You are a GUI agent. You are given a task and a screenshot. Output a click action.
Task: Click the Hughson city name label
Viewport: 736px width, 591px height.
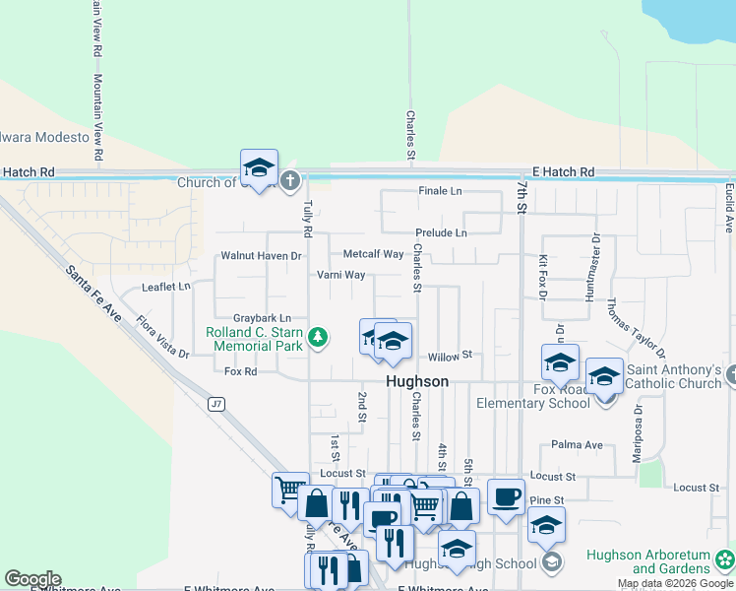[417, 381]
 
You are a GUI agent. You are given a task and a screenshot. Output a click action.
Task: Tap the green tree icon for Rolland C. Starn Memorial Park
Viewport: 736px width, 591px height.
[318, 338]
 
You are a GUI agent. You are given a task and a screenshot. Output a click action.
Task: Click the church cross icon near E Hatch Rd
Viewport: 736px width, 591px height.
[289, 180]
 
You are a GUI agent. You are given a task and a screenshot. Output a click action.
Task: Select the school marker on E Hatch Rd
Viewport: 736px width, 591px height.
[260, 167]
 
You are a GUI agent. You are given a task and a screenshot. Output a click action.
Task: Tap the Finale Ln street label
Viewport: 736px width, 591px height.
[440, 190]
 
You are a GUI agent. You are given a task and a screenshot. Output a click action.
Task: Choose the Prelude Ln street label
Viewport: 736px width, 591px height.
[441, 232]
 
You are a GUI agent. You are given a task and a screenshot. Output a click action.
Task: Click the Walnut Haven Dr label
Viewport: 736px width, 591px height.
[260, 255]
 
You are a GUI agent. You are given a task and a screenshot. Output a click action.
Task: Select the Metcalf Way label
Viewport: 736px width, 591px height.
[373, 254]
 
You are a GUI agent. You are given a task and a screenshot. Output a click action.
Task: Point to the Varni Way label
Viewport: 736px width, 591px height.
[340, 275]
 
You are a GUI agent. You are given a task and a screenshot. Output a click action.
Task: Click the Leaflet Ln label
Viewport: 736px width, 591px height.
[165, 287]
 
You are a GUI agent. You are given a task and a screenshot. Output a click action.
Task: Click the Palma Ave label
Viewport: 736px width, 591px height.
[577, 445]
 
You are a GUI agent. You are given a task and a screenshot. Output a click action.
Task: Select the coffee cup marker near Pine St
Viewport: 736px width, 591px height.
[506, 496]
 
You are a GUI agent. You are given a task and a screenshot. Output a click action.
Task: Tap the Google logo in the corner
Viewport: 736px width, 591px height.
[32, 579]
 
